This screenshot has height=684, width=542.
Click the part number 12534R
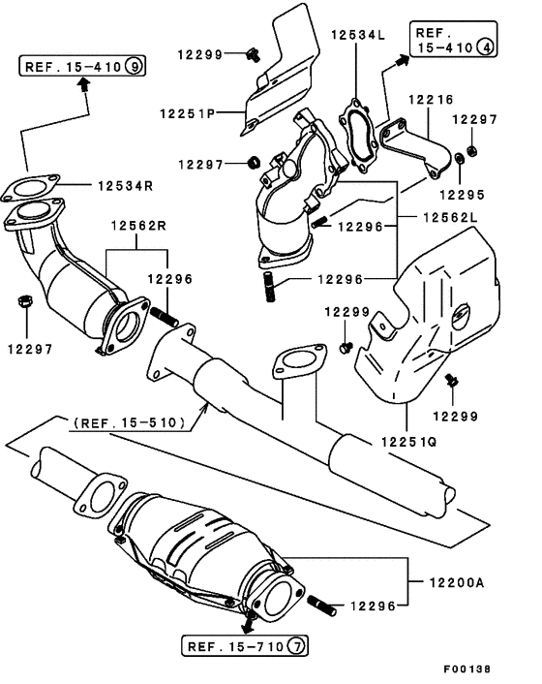[127, 184]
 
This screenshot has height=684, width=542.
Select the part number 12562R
[137, 226]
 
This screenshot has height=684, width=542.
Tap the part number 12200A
[453, 582]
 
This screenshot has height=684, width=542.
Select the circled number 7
[297, 645]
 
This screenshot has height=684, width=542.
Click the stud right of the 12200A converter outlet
[324, 606]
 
